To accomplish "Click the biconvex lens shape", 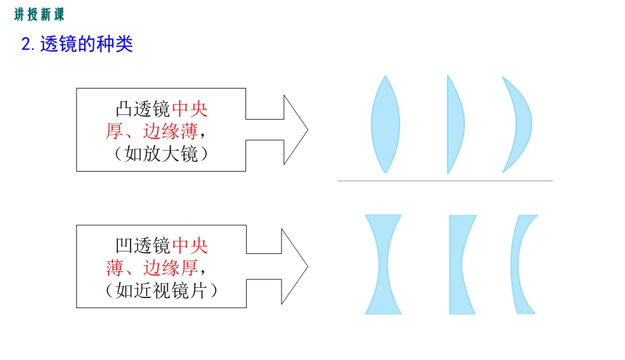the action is click(x=385, y=125).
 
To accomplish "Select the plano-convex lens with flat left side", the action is click(x=454, y=125).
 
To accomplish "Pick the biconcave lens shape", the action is click(x=383, y=264).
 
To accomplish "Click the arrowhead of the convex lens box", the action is click(x=295, y=129).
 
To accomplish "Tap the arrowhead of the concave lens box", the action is click(x=294, y=266).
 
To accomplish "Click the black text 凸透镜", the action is click(x=143, y=109).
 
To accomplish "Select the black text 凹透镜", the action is click(x=143, y=246).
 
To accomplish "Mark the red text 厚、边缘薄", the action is click(x=152, y=131).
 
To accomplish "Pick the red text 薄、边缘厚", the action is click(x=152, y=268).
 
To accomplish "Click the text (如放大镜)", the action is click(x=161, y=154).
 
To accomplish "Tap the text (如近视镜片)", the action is click(x=161, y=290).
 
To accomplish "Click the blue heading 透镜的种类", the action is click(x=87, y=44).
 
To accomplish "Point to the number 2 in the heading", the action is click(x=26, y=45).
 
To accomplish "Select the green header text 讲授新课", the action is click(x=39, y=15).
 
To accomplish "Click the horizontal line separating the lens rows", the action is click(x=445, y=181).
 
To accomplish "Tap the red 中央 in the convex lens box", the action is click(x=189, y=109).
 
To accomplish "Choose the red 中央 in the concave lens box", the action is click(x=189, y=246).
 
